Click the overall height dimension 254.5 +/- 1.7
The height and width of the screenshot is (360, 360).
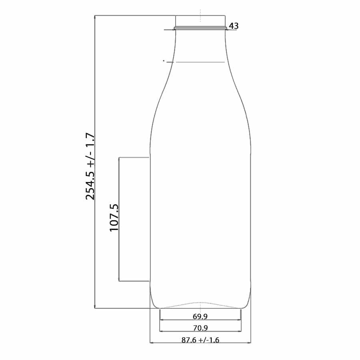coord(90,166)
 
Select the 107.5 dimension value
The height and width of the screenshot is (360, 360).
coord(114,218)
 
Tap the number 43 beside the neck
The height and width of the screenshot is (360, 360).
coord(234,26)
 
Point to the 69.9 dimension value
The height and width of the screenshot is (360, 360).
coord(200,316)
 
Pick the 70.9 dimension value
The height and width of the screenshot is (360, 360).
coord(200,328)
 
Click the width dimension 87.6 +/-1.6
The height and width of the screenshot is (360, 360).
coord(200,340)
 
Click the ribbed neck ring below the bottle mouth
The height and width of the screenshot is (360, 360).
coord(200,28)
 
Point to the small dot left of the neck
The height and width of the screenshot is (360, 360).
coord(164,61)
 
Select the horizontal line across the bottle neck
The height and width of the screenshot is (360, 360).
coord(200,62)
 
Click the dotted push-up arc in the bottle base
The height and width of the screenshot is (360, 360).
coord(200,303)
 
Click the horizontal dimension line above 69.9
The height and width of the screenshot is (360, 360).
coord(200,320)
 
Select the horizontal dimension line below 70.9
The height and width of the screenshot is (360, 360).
coord(200,332)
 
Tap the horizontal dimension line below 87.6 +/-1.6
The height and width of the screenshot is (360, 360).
coord(200,343)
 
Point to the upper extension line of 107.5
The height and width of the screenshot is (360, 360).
coord(134,158)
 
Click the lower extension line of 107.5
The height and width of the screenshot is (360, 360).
coord(134,281)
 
